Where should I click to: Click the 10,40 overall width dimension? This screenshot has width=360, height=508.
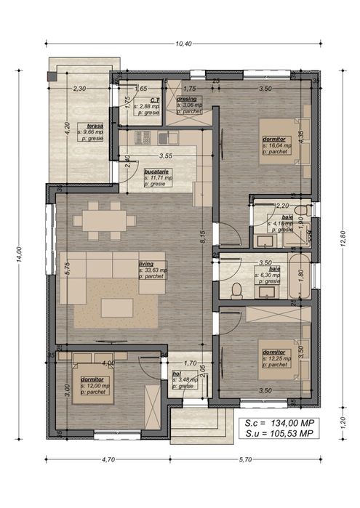(183, 44)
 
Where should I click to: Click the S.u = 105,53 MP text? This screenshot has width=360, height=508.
(280, 433)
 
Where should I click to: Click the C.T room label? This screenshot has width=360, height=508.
(155, 100)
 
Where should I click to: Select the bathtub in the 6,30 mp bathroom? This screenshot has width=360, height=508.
(299, 274)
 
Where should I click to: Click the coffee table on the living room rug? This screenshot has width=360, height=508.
(116, 307)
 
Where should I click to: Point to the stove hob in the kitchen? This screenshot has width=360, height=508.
(142, 136)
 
